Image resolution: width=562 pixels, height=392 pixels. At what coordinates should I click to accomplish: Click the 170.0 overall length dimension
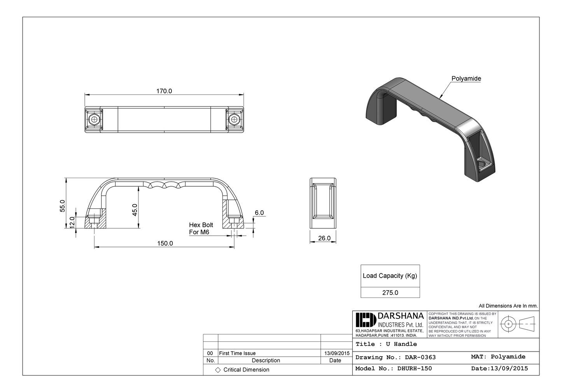[164, 91]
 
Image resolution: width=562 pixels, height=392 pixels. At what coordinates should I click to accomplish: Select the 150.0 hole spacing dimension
[165, 243]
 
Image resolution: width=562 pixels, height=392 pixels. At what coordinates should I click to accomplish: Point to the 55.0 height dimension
[63, 206]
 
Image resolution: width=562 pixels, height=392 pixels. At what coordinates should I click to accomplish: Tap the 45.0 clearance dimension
[135, 210]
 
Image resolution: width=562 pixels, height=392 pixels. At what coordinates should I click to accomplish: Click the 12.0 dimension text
[72, 222]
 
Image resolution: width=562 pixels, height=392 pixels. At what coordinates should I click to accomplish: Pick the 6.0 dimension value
[259, 213]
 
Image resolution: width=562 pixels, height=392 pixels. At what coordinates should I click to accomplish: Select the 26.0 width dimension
[324, 238]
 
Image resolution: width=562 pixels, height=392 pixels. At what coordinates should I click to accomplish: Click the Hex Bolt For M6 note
[201, 229]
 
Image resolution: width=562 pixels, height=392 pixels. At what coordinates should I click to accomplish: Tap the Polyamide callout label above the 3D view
[466, 79]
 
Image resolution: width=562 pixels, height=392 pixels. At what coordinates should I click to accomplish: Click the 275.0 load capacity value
[390, 293]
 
